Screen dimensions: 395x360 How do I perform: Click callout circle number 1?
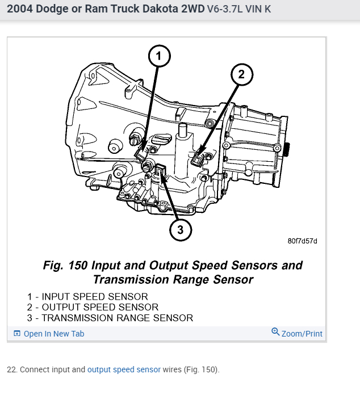coord(160,56)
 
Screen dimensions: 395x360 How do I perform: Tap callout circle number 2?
coord(241,74)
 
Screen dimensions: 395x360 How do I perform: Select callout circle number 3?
coord(179,229)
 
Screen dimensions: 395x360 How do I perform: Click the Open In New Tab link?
coord(53,334)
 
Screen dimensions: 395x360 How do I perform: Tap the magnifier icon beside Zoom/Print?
coord(276,333)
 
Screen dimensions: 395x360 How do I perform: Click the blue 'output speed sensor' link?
coord(124,369)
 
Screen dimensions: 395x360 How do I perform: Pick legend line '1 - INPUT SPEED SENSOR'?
coord(87,297)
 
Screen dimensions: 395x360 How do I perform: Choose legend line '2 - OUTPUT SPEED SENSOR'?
coord(91,308)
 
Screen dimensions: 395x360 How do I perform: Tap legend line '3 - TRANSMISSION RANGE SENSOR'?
coord(110,318)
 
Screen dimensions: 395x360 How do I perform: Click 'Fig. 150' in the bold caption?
coord(66,266)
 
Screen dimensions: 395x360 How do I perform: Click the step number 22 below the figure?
coord(11,369)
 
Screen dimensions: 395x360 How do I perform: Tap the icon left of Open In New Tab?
coord(17,334)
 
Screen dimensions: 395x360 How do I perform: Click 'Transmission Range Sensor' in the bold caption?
coord(173,280)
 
